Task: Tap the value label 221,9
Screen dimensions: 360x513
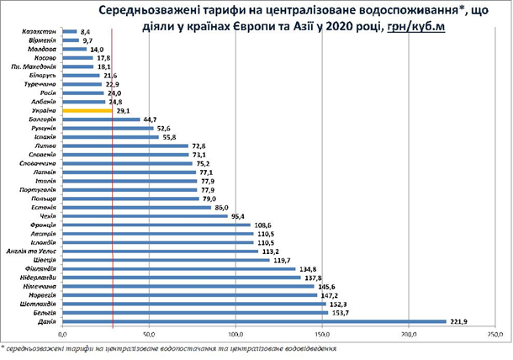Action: (x=460, y=320)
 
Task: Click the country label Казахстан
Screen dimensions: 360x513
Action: (x=40, y=30)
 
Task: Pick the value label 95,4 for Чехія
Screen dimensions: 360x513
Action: (x=241, y=215)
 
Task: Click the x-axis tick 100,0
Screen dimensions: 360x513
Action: (x=235, y=336)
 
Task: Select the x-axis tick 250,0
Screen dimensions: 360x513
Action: (x=496, y=336)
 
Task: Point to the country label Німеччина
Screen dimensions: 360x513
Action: (x=39, y=285)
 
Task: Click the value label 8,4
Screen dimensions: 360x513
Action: (x=85, y=30)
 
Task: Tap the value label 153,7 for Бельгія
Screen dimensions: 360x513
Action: (x=341, y=312)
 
